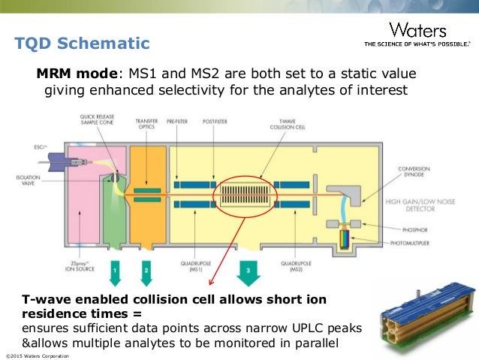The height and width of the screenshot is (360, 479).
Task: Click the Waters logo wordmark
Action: point(418,31)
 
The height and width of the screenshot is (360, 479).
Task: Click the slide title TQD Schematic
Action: point(83,44)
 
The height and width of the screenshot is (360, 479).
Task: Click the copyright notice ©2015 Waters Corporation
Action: point(38,354)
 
